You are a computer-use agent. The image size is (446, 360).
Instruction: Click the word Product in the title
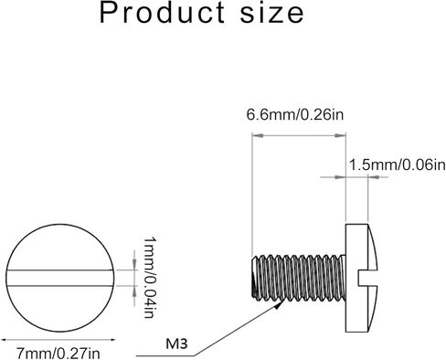click(162, 13)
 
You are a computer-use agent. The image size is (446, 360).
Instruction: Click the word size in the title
click(272, 13)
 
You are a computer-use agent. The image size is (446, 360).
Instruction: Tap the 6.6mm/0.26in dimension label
click(295, 115)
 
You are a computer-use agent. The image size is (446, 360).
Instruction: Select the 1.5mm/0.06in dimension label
click(398, 165)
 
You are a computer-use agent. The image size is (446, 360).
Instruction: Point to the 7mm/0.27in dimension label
click(58, 354)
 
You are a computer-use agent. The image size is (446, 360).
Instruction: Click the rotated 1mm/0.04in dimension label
click(149, 277)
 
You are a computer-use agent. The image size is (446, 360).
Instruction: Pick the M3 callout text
click(176, 344)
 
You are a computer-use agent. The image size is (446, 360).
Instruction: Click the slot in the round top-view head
click(60, 278)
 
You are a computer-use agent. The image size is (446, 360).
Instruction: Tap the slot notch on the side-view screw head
click(366, 278)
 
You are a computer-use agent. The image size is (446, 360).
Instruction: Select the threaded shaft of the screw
click(299, 277)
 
